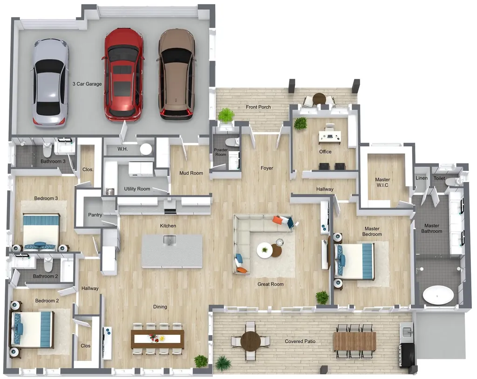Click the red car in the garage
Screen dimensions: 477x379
(124, 74)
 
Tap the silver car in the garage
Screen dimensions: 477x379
(50, 82)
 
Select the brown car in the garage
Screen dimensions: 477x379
(177, 74)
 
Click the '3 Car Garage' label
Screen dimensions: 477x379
(87, 84)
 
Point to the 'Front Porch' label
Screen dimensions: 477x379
(258, 107)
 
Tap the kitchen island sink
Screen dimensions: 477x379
(170, 240)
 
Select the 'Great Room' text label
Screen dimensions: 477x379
(271, 284)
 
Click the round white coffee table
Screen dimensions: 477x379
(265, 250)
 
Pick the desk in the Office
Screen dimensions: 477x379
(330, 137)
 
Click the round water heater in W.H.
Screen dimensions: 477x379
(146, 149)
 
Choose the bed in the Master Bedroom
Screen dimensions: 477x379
(354, 261)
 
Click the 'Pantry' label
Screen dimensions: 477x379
(95, 215)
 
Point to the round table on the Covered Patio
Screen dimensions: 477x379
(250, 341)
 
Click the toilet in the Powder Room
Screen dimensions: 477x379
(233, 142)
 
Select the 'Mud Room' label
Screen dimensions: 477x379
(191, 173)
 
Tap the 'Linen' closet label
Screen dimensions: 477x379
(422, 178)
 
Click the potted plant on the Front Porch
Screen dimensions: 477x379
(226, 116)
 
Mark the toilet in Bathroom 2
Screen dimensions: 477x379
(48, 264)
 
